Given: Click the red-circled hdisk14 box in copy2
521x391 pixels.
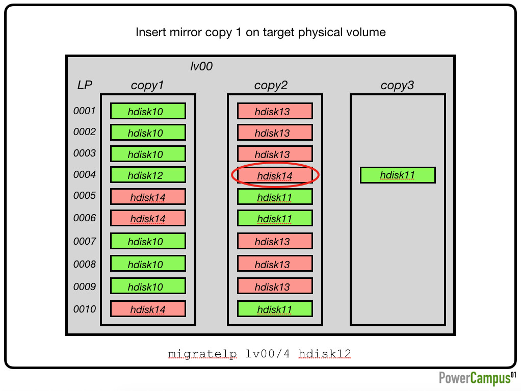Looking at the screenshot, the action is [275, 175].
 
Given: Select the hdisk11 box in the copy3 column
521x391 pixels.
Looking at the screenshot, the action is [398, 175].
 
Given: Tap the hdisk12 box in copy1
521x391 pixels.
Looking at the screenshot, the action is [148, 175].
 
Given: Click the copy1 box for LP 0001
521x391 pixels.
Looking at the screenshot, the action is [148, 111].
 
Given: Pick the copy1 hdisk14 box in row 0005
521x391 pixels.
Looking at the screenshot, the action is [148, 197].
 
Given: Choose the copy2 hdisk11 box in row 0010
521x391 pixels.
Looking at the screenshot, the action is [275, 309].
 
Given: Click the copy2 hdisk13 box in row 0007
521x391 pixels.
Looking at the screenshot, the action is [275, 241].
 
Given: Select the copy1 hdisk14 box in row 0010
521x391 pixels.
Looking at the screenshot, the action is [148, 309].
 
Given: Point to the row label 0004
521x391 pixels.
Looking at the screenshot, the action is [85, 174].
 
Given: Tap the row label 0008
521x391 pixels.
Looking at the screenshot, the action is [85, 264].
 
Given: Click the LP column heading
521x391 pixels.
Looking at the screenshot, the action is [85, 85].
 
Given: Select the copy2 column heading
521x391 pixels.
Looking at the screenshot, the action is [271, 85].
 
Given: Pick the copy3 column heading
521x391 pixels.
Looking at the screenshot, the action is [398, 85].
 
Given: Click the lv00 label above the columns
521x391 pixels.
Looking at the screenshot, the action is [201, 66].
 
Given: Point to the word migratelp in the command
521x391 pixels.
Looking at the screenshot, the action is [202, 354].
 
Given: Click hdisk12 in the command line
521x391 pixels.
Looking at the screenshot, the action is [325, 354].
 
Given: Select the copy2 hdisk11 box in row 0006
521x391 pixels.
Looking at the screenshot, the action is [275, 218].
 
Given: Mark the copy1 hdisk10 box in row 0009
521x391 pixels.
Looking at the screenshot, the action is [148, 286].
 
